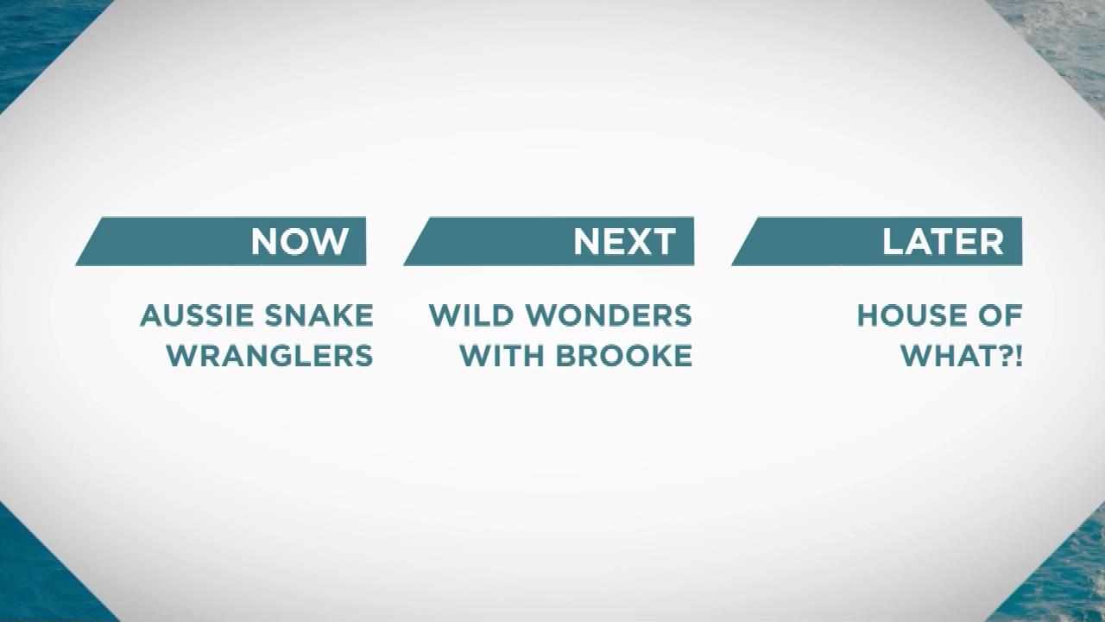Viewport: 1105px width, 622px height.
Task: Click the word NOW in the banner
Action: tap(300, 241)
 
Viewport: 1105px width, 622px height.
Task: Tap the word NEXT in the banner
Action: tap(624, 241)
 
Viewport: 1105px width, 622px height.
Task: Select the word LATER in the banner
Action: tap(943, 241)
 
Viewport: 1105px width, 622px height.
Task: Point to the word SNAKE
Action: tap(319, 315)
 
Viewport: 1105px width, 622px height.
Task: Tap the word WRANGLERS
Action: tap(270, 356)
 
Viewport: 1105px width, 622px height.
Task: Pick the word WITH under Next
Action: tap(502, 356)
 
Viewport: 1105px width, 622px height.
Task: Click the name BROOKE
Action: tap(624, 356)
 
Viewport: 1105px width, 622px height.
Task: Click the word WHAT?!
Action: tap(962, 356)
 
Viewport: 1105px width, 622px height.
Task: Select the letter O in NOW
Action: tap(297, 241)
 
